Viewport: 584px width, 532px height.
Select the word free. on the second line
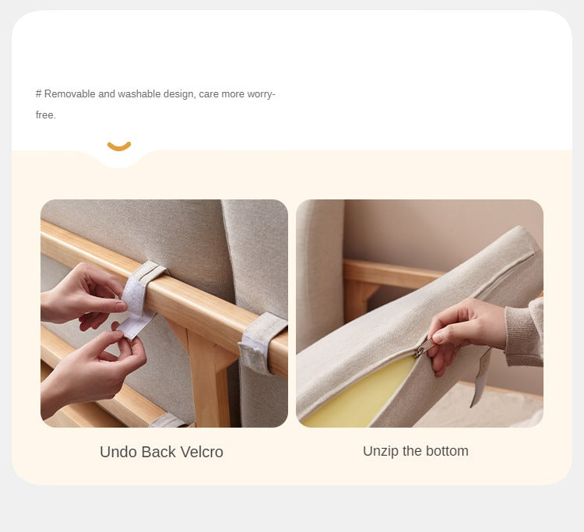[x=46, y=115]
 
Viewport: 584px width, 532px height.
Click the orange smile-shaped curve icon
[x=119, y=146]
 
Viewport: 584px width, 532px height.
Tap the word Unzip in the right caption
[x=381, y=451]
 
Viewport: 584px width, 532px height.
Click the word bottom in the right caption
[x=446, y=451]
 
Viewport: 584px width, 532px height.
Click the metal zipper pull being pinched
[x=421, y=351]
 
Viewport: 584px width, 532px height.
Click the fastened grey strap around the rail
[x=260, y=343]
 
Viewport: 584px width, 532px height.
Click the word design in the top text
[x=178, y=94]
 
